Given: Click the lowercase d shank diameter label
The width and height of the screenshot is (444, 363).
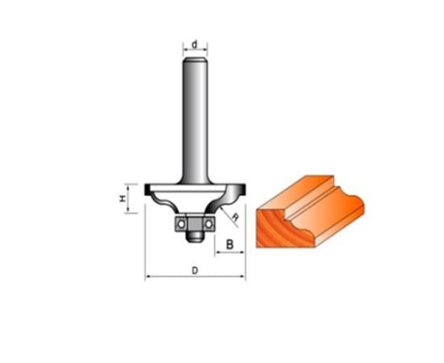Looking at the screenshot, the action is click(195, 44).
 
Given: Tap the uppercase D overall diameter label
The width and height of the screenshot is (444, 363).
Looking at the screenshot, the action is click(195, 270).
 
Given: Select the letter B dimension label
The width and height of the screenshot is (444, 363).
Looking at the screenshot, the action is click(229, 244).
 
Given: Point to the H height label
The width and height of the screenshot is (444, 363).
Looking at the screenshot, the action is click(123, 198).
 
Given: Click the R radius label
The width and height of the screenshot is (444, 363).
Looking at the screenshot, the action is click(235, 217).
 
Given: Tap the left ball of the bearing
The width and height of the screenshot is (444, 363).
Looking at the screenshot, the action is click(180, 224).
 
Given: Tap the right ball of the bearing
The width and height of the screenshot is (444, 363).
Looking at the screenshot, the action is click(209, 224).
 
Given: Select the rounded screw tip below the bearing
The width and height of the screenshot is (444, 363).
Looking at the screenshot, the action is click(195, 237).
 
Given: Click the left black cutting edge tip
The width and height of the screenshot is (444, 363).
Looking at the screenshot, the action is click(147, 190).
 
